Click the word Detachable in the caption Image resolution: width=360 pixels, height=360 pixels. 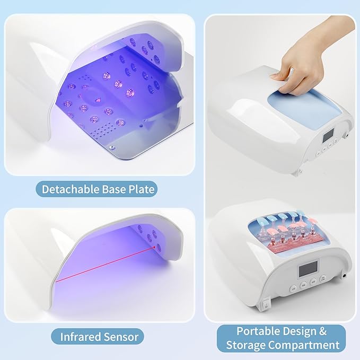tap(68, 189)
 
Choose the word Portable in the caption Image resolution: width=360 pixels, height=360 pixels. tap(258, 331)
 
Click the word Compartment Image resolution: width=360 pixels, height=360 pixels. tap(305, 345)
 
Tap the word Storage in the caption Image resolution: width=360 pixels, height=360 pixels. tap(247, 345)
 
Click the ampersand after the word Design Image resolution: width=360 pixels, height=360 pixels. tap(322, 331)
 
